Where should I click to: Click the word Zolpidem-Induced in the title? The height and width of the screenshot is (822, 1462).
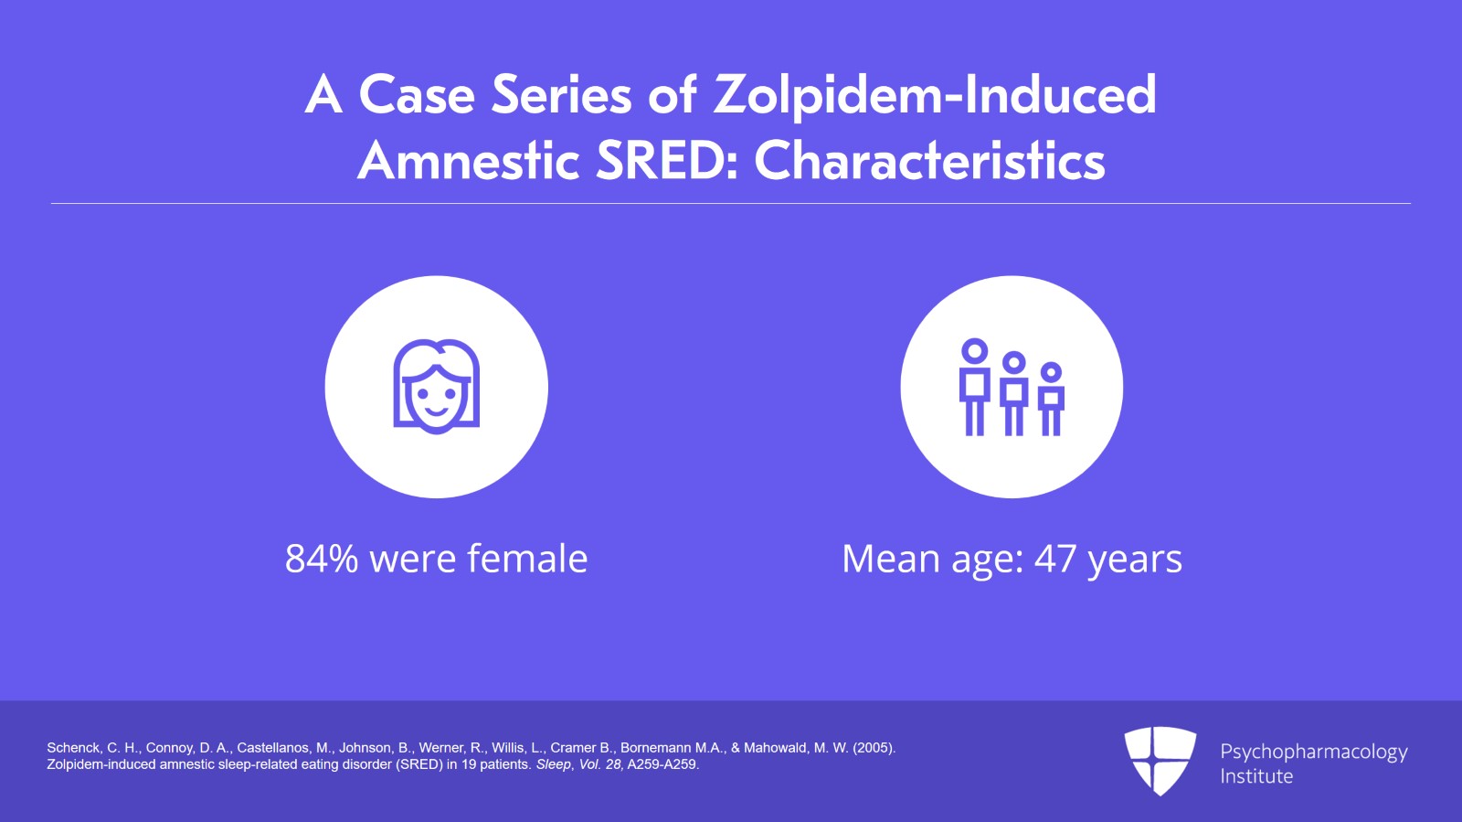935,95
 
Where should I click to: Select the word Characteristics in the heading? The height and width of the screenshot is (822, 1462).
929,162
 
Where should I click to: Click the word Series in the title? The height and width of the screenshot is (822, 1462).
561,95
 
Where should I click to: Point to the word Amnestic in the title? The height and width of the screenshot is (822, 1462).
469,162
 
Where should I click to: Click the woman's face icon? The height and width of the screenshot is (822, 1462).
436,386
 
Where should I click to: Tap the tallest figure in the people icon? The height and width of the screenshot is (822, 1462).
975,387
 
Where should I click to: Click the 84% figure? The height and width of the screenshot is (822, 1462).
322,559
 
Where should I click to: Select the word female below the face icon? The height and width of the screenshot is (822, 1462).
527,559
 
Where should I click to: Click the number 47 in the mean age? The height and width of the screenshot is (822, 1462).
1055,559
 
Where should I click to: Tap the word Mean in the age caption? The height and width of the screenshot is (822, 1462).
890,559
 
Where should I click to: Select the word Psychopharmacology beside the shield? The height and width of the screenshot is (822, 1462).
1313,753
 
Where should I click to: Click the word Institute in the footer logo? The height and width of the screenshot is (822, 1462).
1256,776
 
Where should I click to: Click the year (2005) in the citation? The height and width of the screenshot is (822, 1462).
874,748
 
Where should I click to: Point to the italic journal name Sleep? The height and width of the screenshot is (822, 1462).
553,764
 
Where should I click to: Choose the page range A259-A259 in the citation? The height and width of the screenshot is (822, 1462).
662,764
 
